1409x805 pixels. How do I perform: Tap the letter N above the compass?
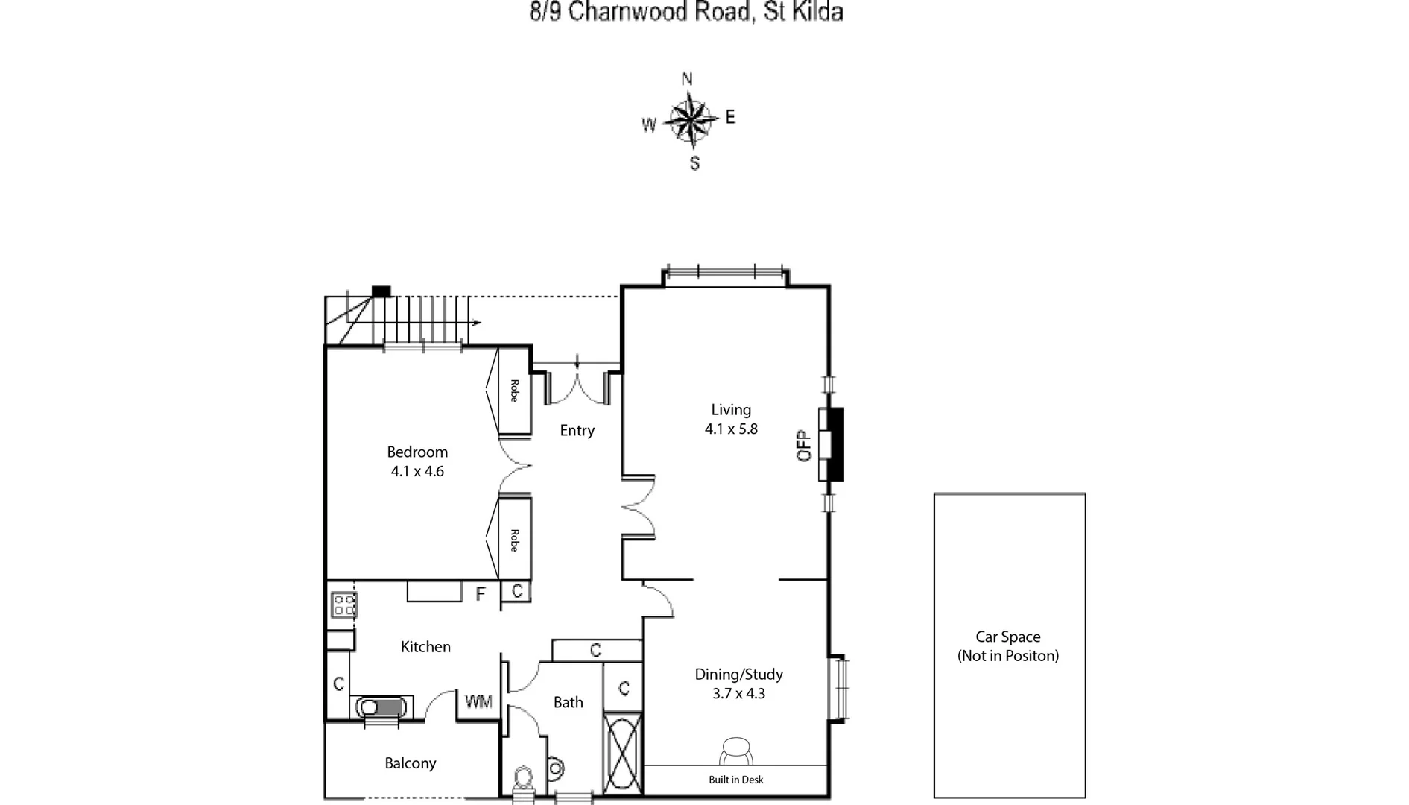tap(687, 78)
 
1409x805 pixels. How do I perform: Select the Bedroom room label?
tap(417, 452)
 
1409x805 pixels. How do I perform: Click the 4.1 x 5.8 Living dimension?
tap(731, 429)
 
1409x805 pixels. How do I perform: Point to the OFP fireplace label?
tap(804, 446)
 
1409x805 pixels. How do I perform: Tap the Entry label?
tap(577, 430)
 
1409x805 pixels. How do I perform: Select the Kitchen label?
tap(425, 647)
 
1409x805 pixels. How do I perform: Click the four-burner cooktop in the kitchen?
tap(343, 604)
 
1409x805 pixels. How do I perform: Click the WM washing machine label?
tap(478, 701)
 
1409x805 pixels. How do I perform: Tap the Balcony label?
tap(411, 763)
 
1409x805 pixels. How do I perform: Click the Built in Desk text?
tap(736, 780)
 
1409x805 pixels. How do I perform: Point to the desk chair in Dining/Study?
tap(736, 750)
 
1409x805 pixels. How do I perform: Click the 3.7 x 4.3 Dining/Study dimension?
tap(738, 693)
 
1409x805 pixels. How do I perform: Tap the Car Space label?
tap(1008, 637)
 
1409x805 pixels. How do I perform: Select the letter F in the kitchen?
tap(481, 593)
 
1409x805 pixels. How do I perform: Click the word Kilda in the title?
tap(817, 13)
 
